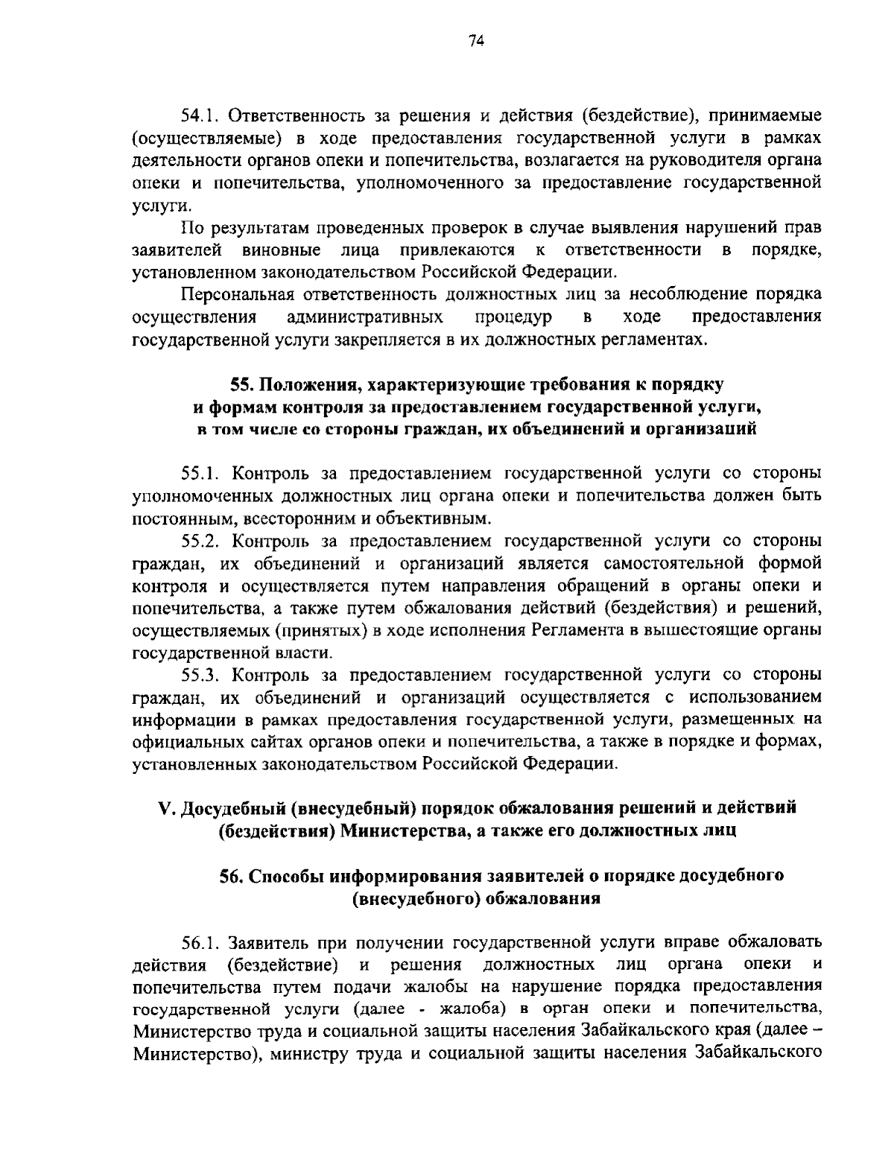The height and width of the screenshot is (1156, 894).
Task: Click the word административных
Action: click(x=366, y=317)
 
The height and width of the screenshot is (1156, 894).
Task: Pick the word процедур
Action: click(x=513, y=317)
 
